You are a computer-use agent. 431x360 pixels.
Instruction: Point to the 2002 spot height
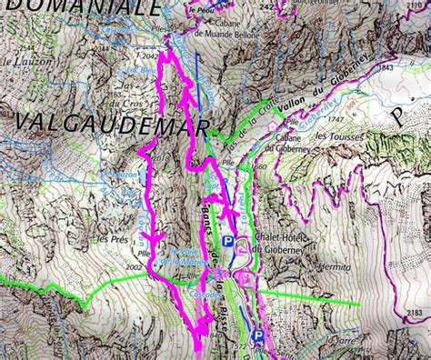(x=137, y=267)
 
